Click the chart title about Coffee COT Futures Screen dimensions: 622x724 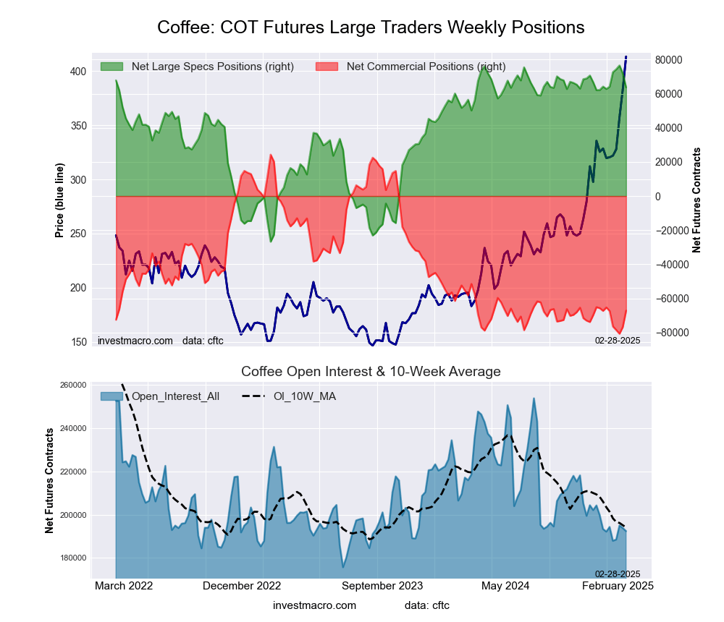tap(371, 27)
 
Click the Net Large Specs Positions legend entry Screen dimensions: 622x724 tap(212, 67)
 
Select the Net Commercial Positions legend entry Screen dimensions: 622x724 tap(426, 67)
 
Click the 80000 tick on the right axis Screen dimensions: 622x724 tap(670, 60)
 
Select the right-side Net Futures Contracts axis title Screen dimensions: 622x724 tap(696, 200)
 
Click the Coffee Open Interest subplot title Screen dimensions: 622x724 tap(371, 372)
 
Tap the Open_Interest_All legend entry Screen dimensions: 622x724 tap(173, 396)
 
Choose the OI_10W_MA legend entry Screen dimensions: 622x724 tap(304, 396)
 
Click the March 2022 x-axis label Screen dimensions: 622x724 tap(124, 585)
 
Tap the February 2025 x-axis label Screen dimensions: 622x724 tap(618, 585)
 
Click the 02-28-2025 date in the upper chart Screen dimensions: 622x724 tap(618, 340)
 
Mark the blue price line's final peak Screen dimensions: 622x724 tap(626, 56)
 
